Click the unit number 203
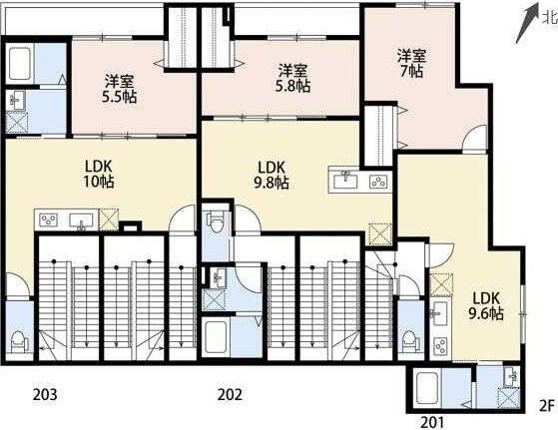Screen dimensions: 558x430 (45, 394)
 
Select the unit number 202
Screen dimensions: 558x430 (230, 394)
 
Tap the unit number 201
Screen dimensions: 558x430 (432, 423)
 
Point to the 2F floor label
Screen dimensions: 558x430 (547, 406)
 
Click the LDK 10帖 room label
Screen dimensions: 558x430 (99, 174)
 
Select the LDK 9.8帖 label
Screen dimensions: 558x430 (272, 175)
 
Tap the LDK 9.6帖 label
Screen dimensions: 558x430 (486, 306)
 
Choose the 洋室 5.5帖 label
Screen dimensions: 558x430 (119, 89)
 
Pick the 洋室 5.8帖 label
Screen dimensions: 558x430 (292, 78)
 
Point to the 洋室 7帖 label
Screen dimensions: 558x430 (411, 63)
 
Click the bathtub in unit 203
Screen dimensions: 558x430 (19, 64)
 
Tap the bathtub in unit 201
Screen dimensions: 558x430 (427, 389)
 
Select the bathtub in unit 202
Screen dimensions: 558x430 (217, 336)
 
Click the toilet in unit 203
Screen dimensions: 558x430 (18, 341)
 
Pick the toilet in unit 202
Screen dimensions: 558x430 (216, 222)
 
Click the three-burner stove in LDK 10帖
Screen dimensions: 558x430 (48, 218)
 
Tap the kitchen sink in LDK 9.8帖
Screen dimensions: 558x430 (346, 180)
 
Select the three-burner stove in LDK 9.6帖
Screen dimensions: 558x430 (441, 346)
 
